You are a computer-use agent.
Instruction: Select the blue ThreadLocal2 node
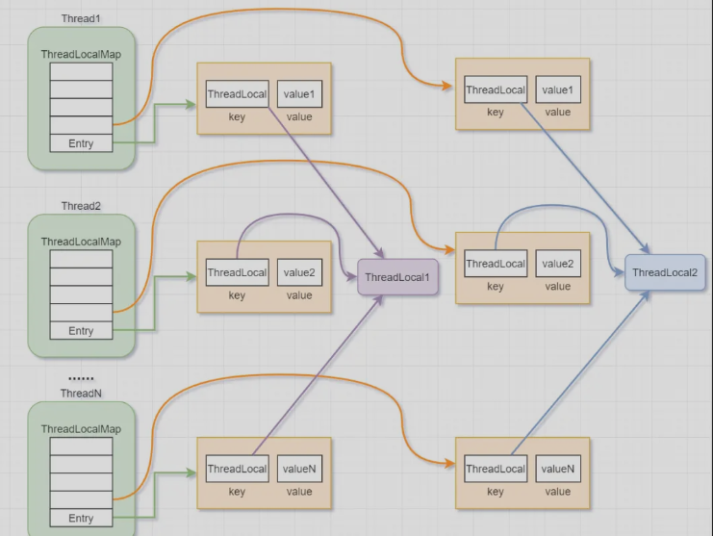coord(665,273)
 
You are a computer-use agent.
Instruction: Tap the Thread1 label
coord(81,19)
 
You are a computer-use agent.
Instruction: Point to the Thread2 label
coord(81,206)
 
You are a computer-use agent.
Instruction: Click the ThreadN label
coord(81,394)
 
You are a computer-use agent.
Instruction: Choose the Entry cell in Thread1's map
coord(81,144)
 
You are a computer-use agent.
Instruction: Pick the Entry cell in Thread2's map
coord(81,331)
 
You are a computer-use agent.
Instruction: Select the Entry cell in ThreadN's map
coord(81,519)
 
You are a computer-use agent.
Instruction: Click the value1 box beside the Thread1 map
coord(299,94)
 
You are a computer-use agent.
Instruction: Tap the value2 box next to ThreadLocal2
coord(558,264)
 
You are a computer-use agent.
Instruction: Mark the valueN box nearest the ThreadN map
coord(299,470)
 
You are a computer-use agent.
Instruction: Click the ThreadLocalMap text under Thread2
coord(81,242)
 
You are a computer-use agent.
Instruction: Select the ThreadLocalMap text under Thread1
coord(81,55)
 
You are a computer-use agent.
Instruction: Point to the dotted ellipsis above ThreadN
coord(81,378)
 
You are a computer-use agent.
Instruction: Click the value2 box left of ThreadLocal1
coord(299,272)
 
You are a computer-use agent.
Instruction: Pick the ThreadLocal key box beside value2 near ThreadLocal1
coord(237,272)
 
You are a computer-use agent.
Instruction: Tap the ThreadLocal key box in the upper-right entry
coord(496,90)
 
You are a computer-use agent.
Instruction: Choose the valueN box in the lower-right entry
coord(558,470)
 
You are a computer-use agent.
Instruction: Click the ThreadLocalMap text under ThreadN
coord(81,429)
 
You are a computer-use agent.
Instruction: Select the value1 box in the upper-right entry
coord(558,90)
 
